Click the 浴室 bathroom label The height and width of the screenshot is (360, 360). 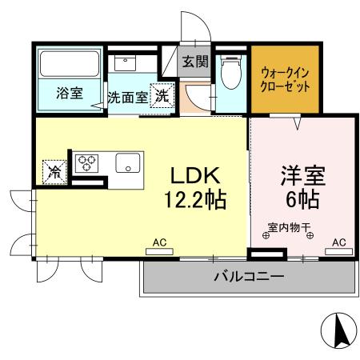click(x=69, y=94)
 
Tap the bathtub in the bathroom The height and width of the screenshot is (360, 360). click(x=68, y=64)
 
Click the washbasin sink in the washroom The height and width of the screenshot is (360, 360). click(x=126, y=62)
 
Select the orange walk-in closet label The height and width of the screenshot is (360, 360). click(x=286, y=79)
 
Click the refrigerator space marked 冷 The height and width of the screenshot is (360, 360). click(x=54, y=170)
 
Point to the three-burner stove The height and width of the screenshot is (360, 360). click(x=86, y=163)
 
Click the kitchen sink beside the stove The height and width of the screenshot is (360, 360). click(x=128, y=163)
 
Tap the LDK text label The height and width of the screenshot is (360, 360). click(x=194, y=174)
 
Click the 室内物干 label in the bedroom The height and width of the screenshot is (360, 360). click(x=288, y=227)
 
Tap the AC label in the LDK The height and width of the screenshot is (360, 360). click(x=158, y=241)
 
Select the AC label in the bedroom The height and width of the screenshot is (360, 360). click(x=338, y=241)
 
